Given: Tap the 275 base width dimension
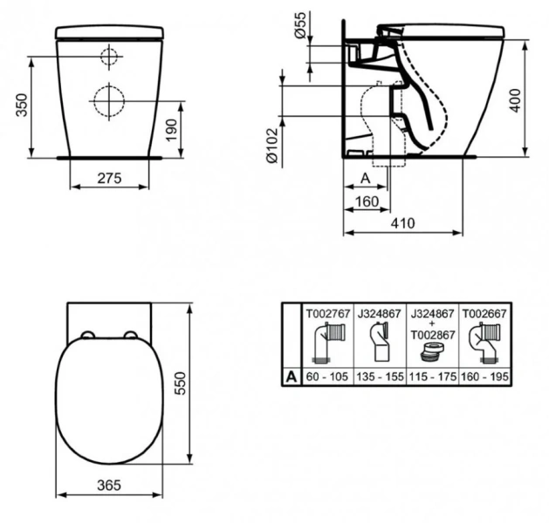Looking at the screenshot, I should (108, 178).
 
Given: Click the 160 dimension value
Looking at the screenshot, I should (367, 202).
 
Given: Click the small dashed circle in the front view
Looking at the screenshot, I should (108, 58).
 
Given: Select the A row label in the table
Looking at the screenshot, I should (290, 377).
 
